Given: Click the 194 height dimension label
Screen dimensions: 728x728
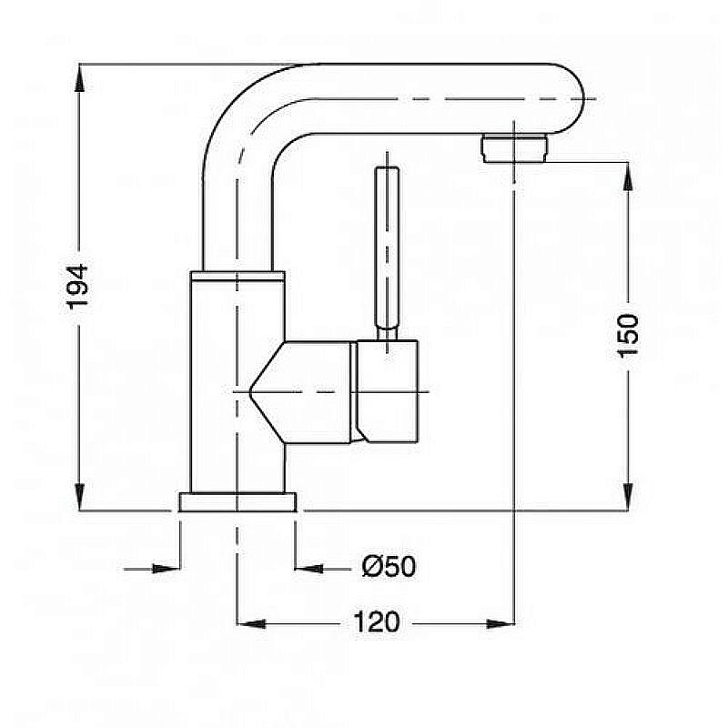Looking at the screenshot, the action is (77, 287).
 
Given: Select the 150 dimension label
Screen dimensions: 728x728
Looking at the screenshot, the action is (628, 335).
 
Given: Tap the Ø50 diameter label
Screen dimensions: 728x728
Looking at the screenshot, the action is (389, 566).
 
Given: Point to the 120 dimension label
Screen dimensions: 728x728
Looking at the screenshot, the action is (376, 622).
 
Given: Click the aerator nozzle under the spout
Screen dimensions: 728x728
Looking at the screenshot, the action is (514, 147).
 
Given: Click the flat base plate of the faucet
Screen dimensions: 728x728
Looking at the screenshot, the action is (238, 502).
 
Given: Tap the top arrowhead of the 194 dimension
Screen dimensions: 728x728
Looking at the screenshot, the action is (80, 77).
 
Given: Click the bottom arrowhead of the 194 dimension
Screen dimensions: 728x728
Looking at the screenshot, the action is (80, 497).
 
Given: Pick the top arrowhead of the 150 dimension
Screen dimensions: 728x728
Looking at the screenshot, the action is (628, 177).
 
